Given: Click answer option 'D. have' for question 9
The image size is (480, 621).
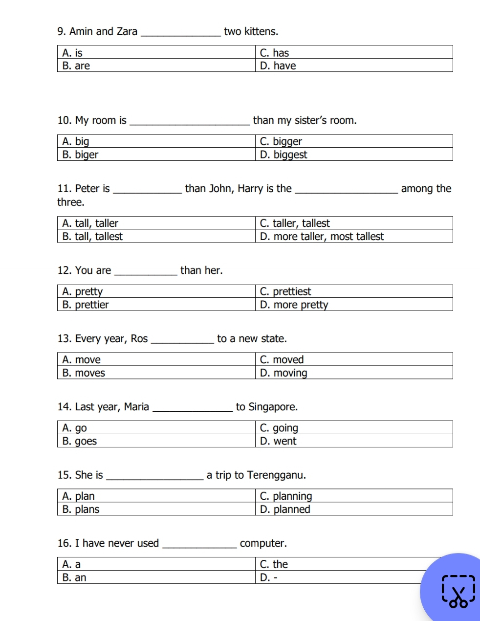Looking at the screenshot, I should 278,66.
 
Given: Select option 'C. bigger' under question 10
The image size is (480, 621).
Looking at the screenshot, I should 281,142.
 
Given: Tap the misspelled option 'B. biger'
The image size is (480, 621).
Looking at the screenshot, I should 80,155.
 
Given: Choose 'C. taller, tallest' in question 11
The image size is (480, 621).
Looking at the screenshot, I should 295,223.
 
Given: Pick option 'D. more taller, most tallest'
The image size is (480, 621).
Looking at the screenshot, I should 322,237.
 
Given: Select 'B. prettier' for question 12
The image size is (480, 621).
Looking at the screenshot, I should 86,305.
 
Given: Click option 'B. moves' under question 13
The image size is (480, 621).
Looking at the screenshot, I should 84,373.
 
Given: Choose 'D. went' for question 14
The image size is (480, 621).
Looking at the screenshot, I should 278,442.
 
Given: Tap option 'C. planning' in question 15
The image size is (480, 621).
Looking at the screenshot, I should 286,496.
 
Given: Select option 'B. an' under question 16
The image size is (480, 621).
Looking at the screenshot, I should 74,578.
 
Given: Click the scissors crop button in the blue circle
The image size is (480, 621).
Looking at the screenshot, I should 458,592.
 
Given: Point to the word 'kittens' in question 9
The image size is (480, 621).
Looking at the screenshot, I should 261,32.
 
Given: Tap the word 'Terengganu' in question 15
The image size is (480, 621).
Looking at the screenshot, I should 276,475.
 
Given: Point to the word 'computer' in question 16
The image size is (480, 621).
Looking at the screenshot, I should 263,544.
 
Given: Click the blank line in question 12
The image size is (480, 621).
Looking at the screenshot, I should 146,274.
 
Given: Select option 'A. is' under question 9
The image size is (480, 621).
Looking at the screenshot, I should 72,53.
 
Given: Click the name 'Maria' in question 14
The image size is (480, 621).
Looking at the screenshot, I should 136,407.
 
